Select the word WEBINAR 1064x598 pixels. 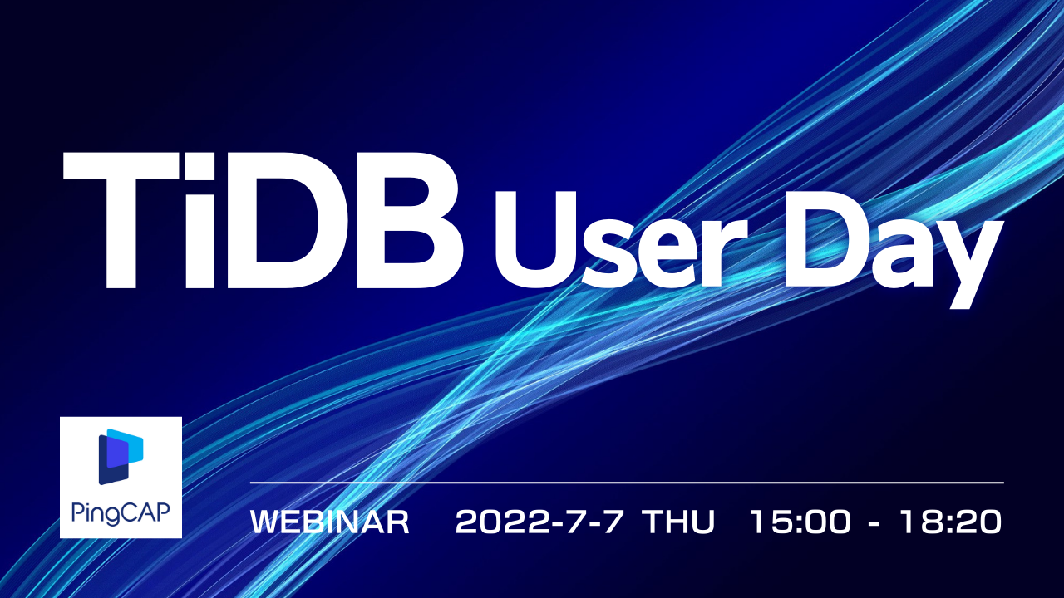click(329, 522)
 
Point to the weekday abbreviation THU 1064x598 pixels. click(680, 522)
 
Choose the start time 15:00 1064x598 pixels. click(800, 522)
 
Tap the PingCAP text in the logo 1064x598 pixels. click(121, 507)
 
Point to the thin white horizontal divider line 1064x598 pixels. click(627, 483)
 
